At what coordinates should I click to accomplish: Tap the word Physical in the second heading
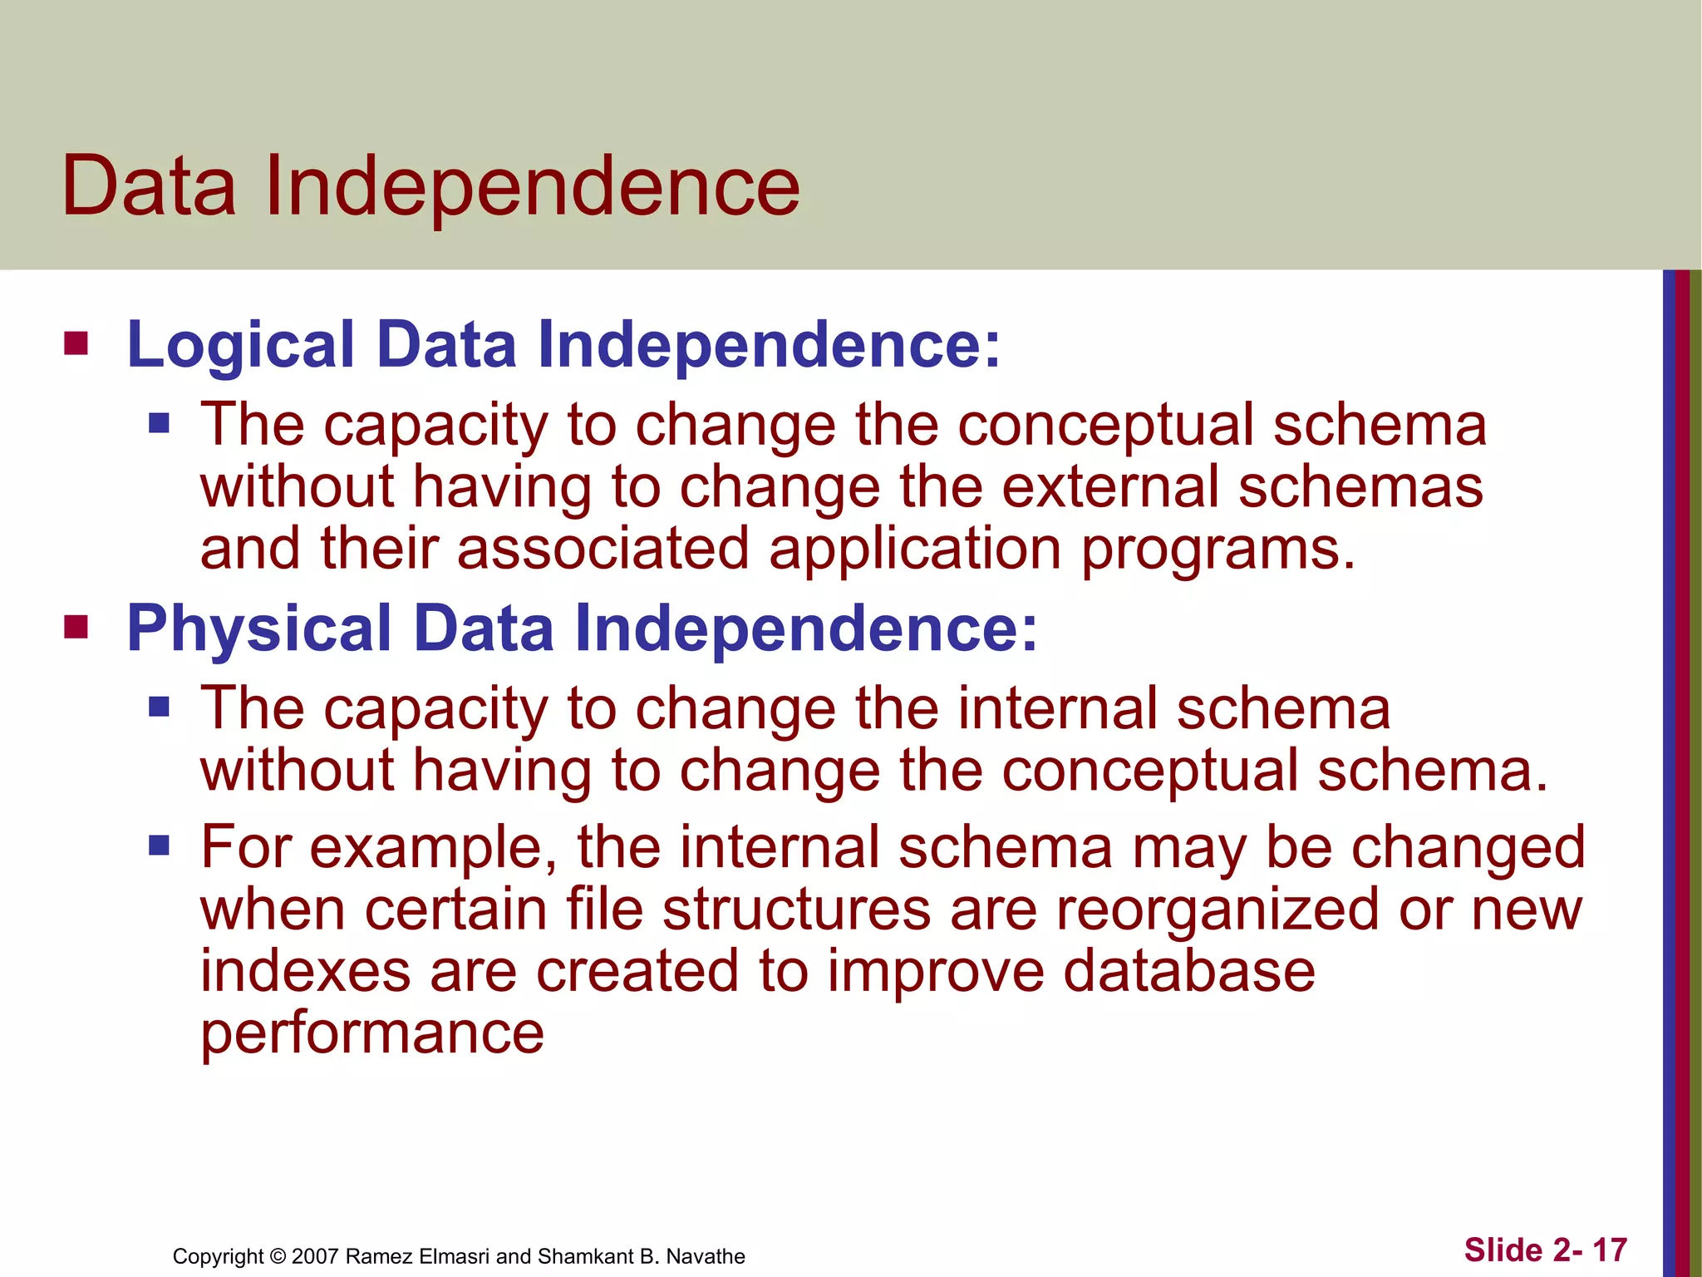tap(258, 628)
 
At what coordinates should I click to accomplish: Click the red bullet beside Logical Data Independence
tap(76, 343)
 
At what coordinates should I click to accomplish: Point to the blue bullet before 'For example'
tap(159, 846)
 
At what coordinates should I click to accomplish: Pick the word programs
tap(1217, 550)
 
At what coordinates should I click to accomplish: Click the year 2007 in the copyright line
tap(315, 1256)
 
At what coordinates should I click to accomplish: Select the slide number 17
tap(1609, 1250)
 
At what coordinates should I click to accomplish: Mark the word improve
tap(935, 972)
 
